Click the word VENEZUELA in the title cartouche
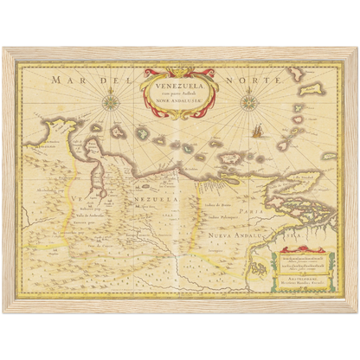[x=177, y=87]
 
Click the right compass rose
[x=247, y=102]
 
